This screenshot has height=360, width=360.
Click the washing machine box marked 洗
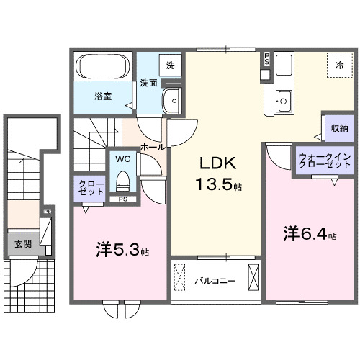[x=170, y=66]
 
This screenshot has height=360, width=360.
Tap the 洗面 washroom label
[x=148, y=82]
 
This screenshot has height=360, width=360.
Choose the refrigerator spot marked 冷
[x=339, y=65]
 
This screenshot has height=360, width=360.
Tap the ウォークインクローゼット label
[x=323, y=159]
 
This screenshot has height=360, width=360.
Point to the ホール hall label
[x=153, y=147]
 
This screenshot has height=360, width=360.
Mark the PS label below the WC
[x=122, y=199]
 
